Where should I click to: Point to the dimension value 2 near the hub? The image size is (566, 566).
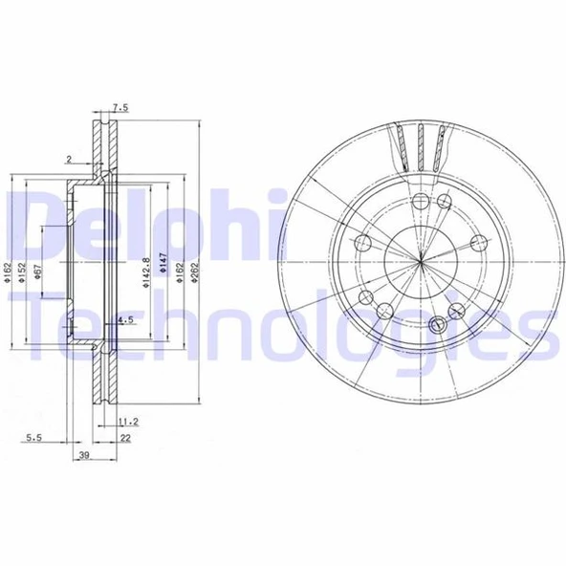70,160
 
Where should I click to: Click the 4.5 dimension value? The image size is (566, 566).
124,320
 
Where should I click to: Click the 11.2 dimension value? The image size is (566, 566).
127,421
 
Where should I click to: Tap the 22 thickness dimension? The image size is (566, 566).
124,438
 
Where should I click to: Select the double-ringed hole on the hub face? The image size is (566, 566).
442,323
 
